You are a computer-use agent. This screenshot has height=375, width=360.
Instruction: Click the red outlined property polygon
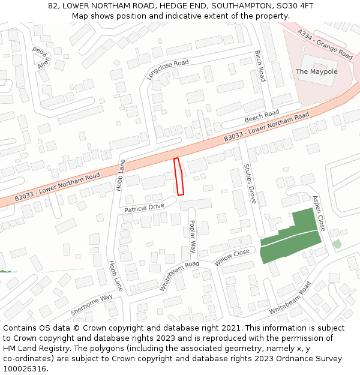[x=178, y=176]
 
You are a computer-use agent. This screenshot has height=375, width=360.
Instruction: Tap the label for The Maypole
[x=316, y=72]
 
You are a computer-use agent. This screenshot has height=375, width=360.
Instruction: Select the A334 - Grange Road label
[x=325, y=44]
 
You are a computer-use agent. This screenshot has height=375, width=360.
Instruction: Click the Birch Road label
[x=260, y=66]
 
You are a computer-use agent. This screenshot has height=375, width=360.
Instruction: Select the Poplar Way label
[x=193, y=235]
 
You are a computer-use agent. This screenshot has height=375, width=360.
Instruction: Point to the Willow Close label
[x=232, y=258]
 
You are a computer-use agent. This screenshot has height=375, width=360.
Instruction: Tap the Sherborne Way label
[x=91, y=305]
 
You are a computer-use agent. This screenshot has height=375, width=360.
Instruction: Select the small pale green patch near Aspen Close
[x=337, y=244]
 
